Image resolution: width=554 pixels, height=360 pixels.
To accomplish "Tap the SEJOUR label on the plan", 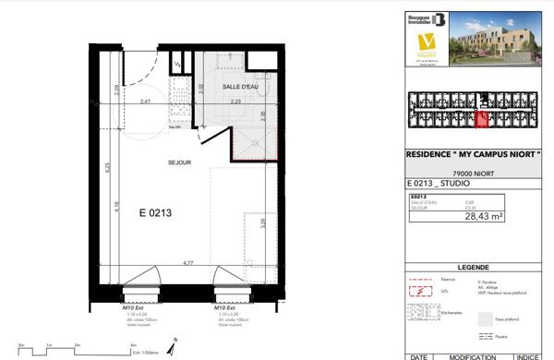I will click(x=179, y=162).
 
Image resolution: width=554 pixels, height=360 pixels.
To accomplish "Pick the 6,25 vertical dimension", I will click(x=108, y=168).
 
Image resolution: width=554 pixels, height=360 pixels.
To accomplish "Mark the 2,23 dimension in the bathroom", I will click(x=236, y=101).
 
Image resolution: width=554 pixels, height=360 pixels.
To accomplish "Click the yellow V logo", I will click(x=427, y=43).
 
